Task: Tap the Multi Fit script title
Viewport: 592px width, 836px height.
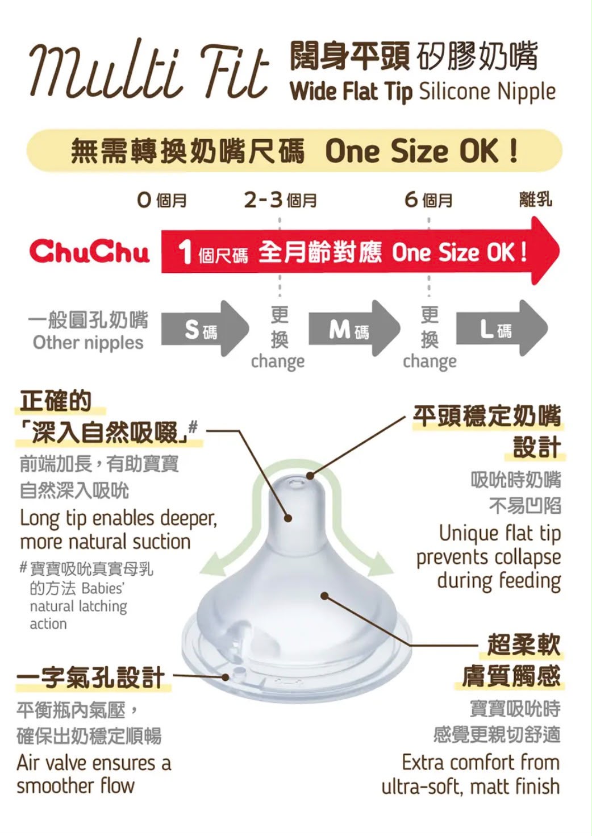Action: point(149,69)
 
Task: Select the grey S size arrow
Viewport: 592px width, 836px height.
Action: point(205,328)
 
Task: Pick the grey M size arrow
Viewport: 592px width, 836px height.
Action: point(355,328)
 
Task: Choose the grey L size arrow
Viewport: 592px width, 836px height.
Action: point(502,328)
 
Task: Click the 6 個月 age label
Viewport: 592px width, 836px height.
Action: point(428,201)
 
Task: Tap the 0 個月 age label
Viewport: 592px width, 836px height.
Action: point(162,201)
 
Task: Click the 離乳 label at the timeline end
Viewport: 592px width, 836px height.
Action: point(536,199)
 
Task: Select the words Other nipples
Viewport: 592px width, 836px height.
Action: point(88,343)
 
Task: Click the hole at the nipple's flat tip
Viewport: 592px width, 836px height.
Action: point(295,484)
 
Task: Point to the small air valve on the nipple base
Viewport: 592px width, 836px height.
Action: point(237,672)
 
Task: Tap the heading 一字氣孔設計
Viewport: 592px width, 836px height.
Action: point(91,677)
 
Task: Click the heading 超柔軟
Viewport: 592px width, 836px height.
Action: point(524,644)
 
